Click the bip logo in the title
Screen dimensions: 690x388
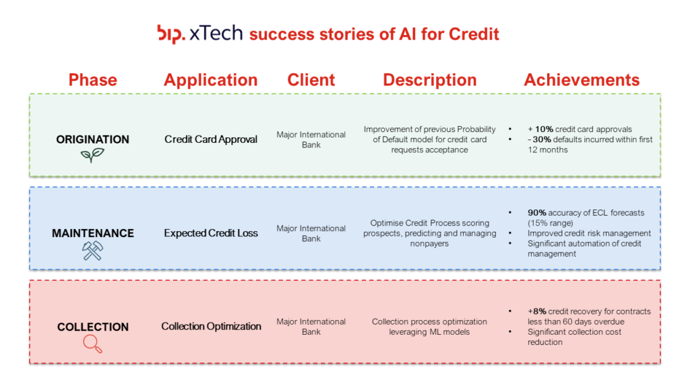(171, 34)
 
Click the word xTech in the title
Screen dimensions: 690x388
(216, 34)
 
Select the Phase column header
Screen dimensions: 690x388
(93, 79)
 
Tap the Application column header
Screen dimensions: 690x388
(211, 80)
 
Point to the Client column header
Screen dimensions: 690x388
(311, 79)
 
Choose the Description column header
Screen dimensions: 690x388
(430, 80)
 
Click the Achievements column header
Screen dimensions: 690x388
(582, 79)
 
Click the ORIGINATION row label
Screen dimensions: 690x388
(93, 139)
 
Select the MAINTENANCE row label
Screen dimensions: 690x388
(93, 233)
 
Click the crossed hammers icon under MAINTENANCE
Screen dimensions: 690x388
(92, 251)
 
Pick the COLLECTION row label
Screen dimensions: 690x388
(93, 327)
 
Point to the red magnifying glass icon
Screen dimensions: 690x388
(92, 344)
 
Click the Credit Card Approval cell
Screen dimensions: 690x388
(211, 139)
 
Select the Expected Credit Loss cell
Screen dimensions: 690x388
(211, 233)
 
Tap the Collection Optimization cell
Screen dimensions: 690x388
(211, 327)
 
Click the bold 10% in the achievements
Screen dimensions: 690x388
(544, 129)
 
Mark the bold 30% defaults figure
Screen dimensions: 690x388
(542, 139)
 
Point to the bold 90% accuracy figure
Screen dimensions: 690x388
(537, 213)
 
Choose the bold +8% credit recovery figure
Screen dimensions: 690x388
(537, 311)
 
